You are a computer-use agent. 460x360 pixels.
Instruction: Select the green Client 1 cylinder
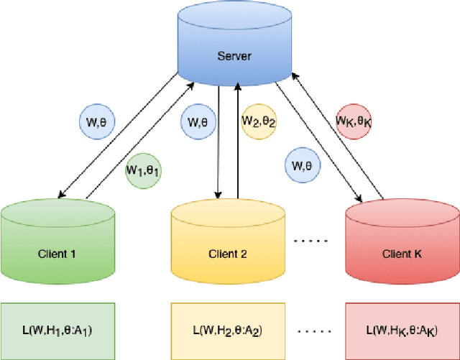point(57,244)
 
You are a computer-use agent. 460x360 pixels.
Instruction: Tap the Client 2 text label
point(228,254)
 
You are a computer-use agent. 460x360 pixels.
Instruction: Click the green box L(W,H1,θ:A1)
point(57,331)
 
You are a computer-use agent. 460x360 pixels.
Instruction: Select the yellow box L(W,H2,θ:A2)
point(228,331)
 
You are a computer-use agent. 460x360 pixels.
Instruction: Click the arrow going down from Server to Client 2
point(218,144)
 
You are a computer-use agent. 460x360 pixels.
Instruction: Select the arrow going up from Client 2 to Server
point(238,144)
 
